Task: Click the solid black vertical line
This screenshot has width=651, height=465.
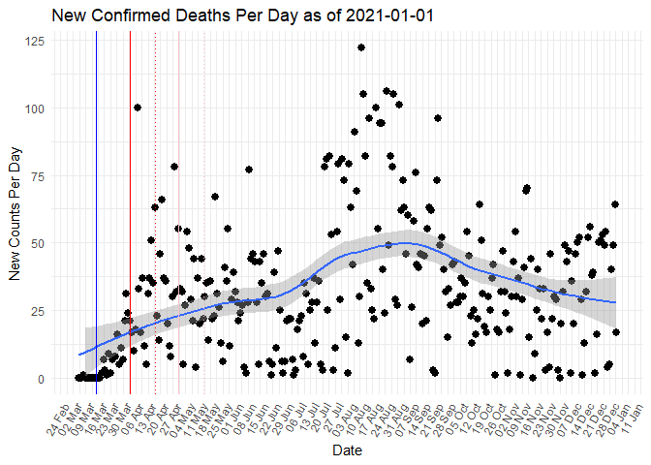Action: [96, 213]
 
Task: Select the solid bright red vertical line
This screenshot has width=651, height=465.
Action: [130, 213]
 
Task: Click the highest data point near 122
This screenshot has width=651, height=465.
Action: [360, 47]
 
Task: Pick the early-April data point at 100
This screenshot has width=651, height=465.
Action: [138, 108]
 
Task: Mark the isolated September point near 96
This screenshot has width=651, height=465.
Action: [438, 118]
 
